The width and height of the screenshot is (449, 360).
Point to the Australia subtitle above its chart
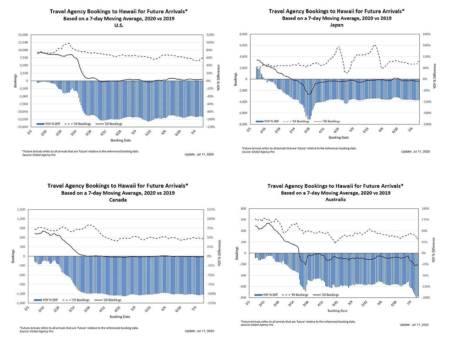pos(336,199)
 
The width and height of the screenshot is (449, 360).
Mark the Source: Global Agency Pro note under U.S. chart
pos(37,154)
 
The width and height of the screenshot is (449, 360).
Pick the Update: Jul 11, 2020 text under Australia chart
pos(414,324)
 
